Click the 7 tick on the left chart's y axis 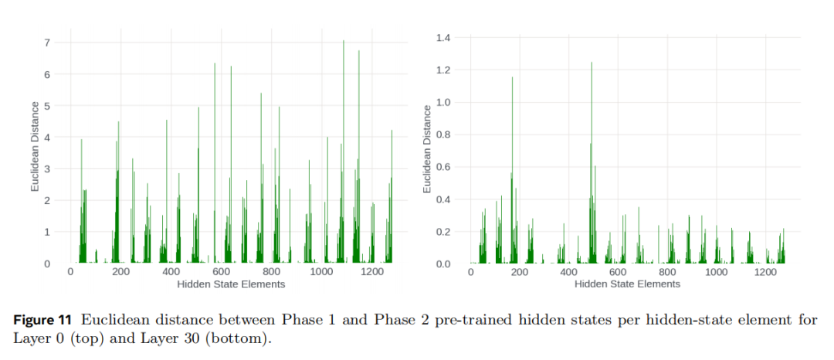click(46, 42)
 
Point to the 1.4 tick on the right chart click(444, 38)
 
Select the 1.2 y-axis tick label click(444, 70)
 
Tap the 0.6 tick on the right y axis click(444, 167)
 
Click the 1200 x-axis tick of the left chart click(372, 273)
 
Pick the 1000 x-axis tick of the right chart click(717, 273)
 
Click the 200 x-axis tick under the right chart click(520, 273)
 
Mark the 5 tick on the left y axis click(46, 106)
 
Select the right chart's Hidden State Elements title click(626, 284)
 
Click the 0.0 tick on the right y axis click(444, 264)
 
